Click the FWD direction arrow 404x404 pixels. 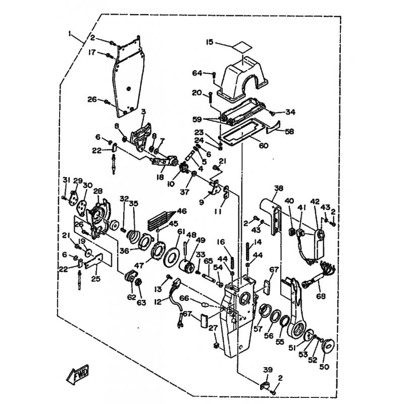point(77,376)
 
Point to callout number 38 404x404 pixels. point(279,188)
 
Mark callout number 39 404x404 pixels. point(267,370)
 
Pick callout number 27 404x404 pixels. point(213,328)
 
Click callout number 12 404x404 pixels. point(158,301)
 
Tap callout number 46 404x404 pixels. point(181,212)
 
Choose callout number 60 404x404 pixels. point(264,146)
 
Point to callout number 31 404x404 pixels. point(66,181)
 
